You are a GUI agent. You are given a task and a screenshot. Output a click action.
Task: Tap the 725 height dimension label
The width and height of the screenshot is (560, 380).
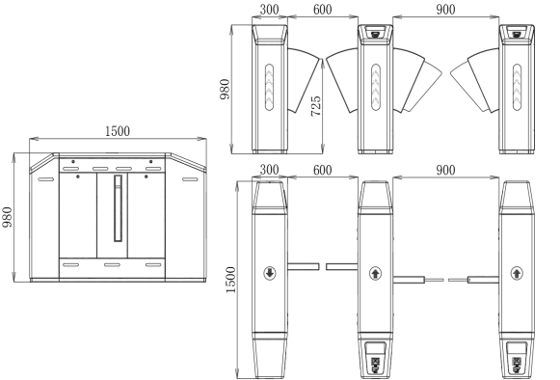[x=316, y=105]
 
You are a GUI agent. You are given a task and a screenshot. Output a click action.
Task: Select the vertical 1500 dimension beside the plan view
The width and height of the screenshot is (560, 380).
[x=230, y=280]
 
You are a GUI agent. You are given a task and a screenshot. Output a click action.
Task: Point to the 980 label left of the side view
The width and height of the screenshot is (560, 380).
[x=7, y=217]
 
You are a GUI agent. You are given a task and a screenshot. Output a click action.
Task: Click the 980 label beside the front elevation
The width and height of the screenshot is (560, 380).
[x=225, y=89]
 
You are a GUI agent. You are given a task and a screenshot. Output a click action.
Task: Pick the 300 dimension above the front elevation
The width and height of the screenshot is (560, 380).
[x=269, y=10]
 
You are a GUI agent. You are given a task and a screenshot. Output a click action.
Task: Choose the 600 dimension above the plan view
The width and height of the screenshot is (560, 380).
[x=323, y=170]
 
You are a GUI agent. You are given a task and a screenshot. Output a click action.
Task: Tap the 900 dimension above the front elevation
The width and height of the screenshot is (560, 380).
[x=445, y=10]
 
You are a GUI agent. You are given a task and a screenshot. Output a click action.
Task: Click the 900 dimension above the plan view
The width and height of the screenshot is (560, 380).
[x=445, y=170]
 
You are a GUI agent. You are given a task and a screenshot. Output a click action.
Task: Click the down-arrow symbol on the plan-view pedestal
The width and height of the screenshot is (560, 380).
[x=270, y=273]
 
